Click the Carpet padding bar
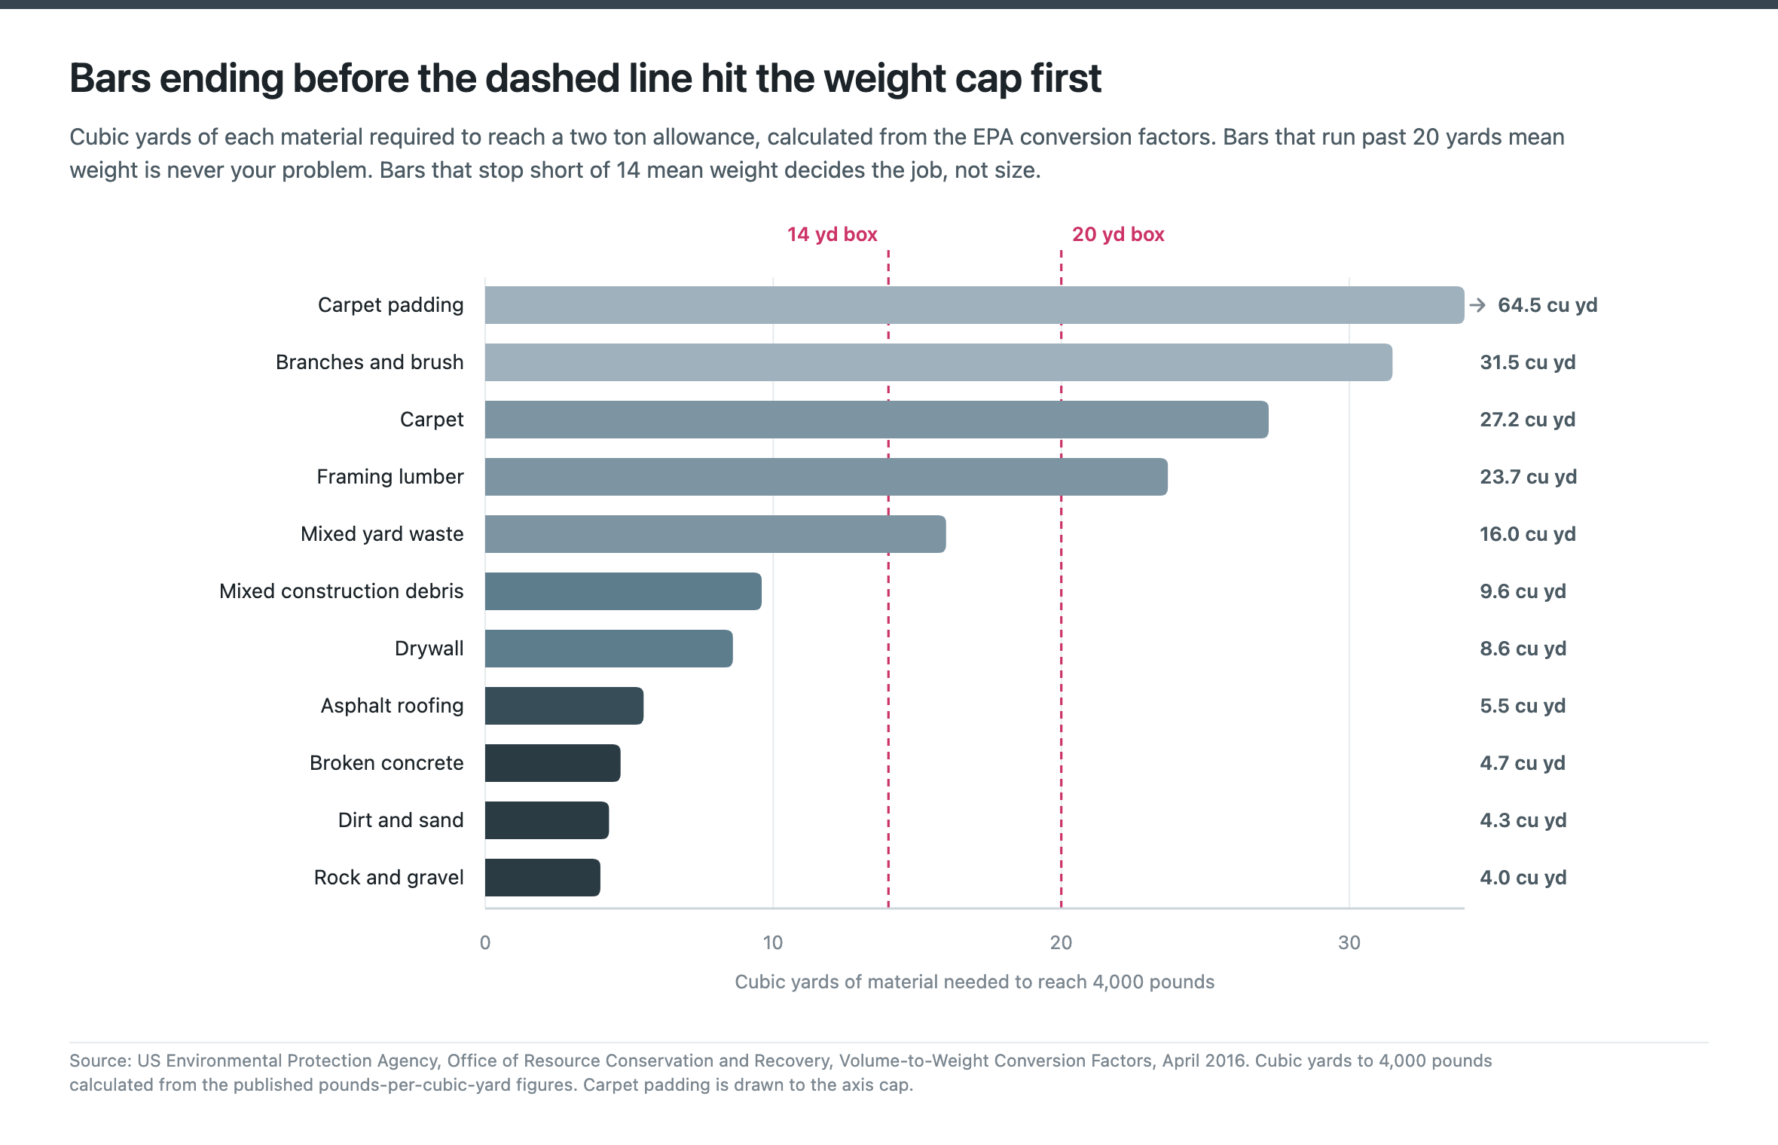974,305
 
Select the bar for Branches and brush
939,362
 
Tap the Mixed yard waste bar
716,534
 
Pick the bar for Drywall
609,649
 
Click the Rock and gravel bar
542,878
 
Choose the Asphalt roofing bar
564,706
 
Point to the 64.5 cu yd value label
1547,305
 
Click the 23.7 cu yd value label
1528,477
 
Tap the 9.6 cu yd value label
1523,591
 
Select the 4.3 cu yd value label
1523,820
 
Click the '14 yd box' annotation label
832,234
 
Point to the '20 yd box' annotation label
1118,234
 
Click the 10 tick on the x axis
773,942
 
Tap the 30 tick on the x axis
1349,942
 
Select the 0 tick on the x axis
485,942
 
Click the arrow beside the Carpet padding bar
1477,305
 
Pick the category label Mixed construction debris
341,591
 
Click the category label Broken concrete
386,763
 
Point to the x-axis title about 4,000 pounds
974,982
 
